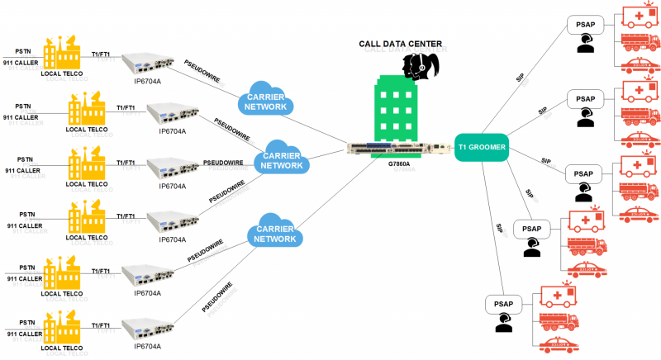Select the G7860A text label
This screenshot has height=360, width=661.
(x=398, y=164)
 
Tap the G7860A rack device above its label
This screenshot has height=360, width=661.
(x=398, y=149)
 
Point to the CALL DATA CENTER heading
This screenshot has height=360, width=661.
(x=399, y=43)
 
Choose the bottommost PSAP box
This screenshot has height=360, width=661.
(x=505, y=303)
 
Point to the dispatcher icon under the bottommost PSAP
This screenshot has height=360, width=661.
(x=504, y=324)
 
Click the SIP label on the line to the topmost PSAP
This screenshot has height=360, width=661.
(x=520, y=78)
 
